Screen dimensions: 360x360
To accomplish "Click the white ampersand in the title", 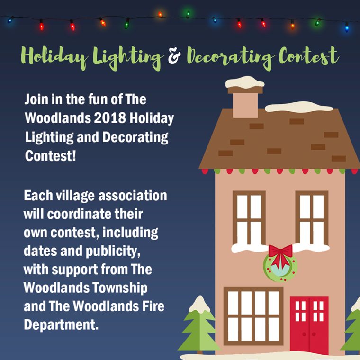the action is pyautogui.click(x=174, y=56).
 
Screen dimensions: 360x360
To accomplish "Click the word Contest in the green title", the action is pyautogui.click(x=308, y=56).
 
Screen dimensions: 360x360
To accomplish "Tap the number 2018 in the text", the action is pyautogui.click(x=110, y=118).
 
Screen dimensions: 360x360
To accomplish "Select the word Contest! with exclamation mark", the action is pyautogui.click(x=50, y=156).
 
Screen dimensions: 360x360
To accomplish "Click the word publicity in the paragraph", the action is pyautogui.click(x=113, y=252).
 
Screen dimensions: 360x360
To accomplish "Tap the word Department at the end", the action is pyautogui.click(x=61, y=324).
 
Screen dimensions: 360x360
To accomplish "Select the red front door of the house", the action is pyautogui.click(x=309, y=324).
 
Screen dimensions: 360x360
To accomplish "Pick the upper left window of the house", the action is pyautogui.click(x=249, y=217).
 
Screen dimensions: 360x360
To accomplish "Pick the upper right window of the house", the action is pyautogui.click(x=312, y=217).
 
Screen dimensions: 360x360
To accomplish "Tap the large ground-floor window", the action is pyautogui.click(x=253, y=316).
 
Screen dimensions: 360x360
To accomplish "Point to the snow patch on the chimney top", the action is pyautogui.click(x=245, y=82).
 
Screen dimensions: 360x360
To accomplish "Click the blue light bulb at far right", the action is pyautogui.click(x=347, y=27).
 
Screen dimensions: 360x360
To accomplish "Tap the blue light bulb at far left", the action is pyautogui.click(x=10, y=20).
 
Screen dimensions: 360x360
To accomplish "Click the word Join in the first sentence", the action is pyautogui.click(x=36, y=99).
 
